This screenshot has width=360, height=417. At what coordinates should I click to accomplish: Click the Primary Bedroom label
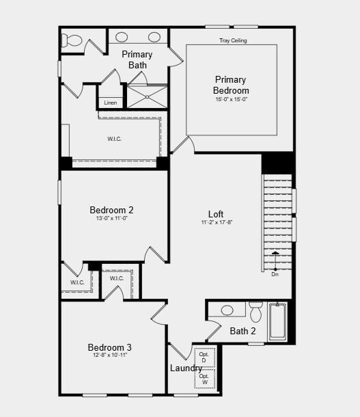point(231,85)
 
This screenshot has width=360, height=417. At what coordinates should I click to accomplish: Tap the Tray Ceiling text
point(233,41)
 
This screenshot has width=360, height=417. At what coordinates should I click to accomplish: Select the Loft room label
point(216,214)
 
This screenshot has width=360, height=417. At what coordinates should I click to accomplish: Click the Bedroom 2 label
point(111,210)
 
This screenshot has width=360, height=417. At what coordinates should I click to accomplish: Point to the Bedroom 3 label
point(109,347)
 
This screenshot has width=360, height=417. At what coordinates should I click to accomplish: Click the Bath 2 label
point(243,332)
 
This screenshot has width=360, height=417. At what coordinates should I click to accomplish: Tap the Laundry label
point(186,368)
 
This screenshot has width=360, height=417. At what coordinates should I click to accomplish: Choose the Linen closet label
point(111,103)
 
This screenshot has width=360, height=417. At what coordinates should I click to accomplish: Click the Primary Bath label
point(137,59)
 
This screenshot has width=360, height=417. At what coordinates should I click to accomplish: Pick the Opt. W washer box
point(204,379)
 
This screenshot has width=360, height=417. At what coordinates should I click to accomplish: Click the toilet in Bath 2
point(255,312)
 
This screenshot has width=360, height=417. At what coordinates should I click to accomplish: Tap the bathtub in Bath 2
point(278,322)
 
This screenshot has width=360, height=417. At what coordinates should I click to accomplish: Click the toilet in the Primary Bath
point(70,39)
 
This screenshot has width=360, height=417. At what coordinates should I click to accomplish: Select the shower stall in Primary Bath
point(147,96)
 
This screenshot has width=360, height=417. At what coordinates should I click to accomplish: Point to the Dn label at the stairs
point(275,274)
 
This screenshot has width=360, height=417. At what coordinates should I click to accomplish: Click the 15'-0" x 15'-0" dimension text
point(231,100)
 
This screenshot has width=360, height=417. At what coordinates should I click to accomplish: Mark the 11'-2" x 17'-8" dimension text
point(216,223)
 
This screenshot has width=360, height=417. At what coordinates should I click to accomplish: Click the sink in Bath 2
point(228,310)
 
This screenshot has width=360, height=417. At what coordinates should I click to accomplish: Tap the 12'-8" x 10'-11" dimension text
point(109,355)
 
